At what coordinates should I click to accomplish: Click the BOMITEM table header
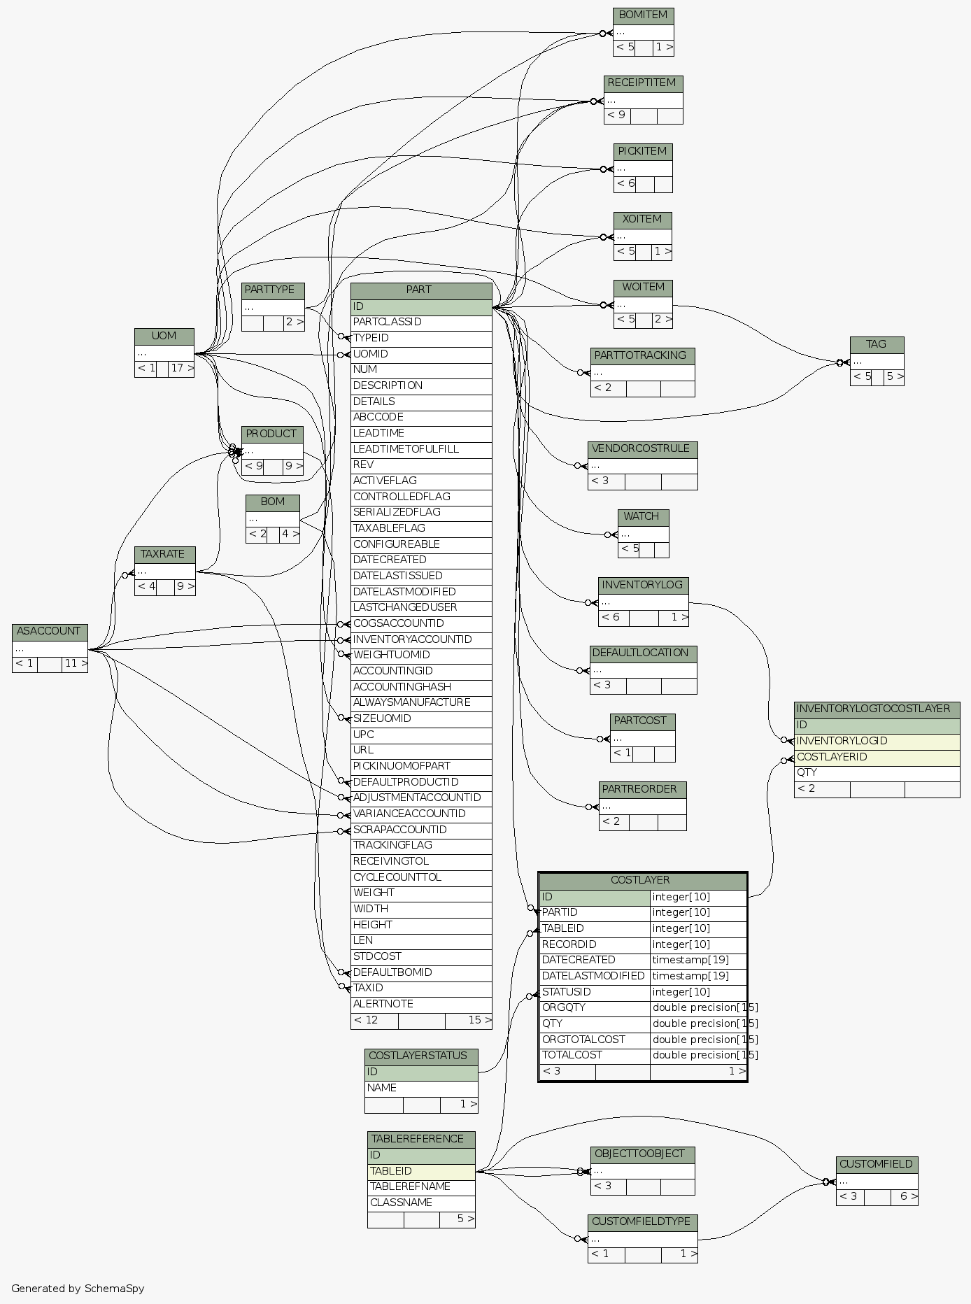click(x=643, y=15)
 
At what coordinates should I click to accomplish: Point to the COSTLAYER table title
click(x=642, y=880)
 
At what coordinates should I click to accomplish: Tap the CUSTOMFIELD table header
click(x=876, y=1164)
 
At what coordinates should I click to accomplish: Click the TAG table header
click(x=877, y=344)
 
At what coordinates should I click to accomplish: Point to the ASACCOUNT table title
click(x=49, y=631)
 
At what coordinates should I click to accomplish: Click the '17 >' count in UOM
click(x=181, y=368)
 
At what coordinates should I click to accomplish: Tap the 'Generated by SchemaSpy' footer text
click(x=78, y=1288)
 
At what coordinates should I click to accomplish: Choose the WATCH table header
click(x=642, y=516)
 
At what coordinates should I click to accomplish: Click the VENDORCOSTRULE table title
click(x=642, y=448)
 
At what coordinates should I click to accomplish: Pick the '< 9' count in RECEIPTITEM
click(x=616, y=115)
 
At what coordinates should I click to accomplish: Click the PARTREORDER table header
click(x=642, y=789)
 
